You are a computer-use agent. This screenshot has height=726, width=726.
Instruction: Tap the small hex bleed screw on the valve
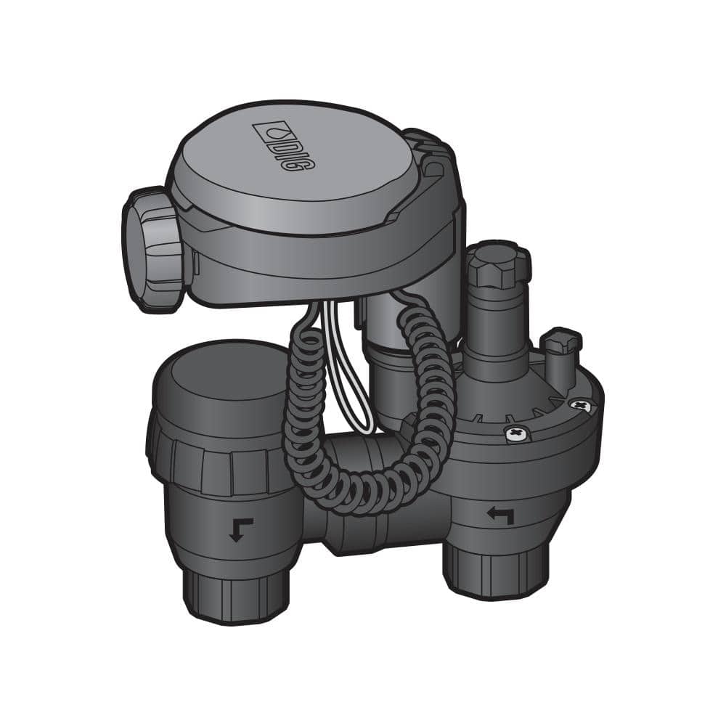563,341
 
